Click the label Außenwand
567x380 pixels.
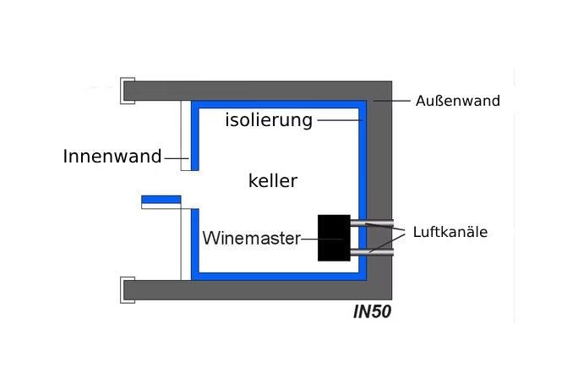pos(457,101)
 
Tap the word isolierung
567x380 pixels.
pos(269,119)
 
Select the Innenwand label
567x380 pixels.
pos(112,157)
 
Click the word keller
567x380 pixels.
pos(273,180)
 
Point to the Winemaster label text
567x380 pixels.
pos(251,239)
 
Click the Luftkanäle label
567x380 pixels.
pos(450,231)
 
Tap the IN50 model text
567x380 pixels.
pos(372,311)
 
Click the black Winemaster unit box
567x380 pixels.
pos(334,238)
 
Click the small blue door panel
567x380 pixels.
pos(161,200)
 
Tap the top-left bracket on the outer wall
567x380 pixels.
pos(128,91)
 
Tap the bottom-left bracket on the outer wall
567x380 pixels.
pos(128,289)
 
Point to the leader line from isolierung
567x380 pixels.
pos(338,120)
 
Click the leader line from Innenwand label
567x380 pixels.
pos(176,157)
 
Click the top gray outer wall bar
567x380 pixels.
pos(254,91)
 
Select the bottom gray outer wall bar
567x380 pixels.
pos(254,290)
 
